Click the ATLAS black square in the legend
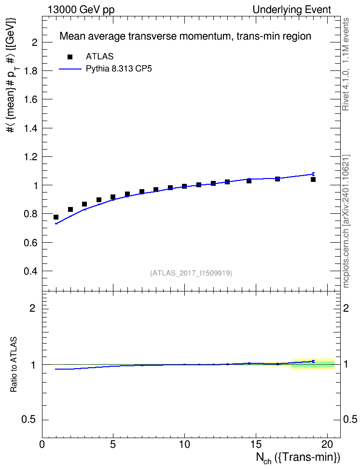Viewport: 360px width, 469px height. [70, 57]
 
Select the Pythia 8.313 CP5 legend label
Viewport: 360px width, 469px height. [119, 69]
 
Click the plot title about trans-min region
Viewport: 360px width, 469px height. [185, 36]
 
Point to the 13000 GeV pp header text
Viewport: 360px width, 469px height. [81, 10]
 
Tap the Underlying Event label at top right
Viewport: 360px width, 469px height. [292, 10]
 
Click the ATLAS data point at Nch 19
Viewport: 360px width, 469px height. [313, 179]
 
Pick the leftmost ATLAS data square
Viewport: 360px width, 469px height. [56, 217]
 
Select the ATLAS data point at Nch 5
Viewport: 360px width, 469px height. [113, 197]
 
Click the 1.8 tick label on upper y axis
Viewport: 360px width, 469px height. [31, 71]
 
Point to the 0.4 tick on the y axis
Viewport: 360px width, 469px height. [31, 271]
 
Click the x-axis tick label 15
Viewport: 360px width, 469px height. [256, 444]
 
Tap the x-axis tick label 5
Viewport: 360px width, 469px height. [113, 444]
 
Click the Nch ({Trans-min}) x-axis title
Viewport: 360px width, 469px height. [298, 457]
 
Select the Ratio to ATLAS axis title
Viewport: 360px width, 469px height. [14, 365]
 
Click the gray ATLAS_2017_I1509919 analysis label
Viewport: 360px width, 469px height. [191, 273]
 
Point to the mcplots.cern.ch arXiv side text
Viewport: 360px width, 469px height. [346, 221]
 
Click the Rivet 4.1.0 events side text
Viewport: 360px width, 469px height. [346, 64]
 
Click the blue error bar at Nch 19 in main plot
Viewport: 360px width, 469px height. [313, 174]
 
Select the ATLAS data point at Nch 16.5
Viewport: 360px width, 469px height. [277, 179]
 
